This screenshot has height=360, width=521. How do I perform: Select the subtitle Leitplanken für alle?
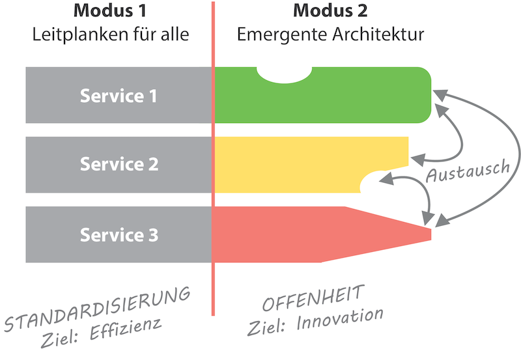[x=111, y=34]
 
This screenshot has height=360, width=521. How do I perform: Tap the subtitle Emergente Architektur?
[x=330, y=34]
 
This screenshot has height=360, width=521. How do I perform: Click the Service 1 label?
[x=119, y=96]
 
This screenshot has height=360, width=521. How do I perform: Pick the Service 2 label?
[x=119, y=164]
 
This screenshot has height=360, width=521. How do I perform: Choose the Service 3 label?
[x=119, y=234]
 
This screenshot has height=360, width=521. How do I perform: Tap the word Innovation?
[x=342, y=319]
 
